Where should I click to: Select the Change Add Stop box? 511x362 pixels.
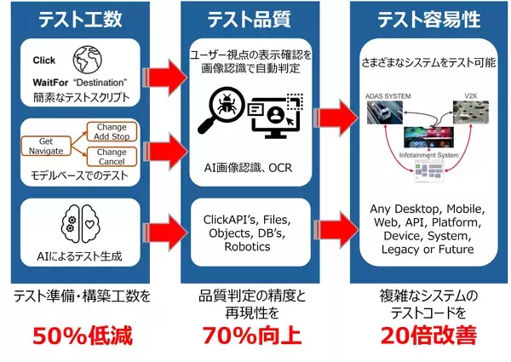click(x=118, y=132)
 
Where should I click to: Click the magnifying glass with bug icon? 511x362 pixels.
click(x=221, y=112)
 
